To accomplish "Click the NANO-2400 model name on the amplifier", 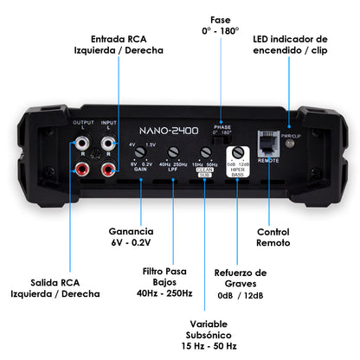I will (x=171, y=132).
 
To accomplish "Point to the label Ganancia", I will (x=132, y=232).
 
